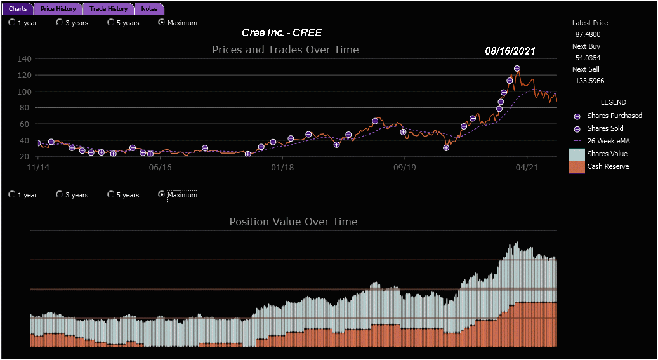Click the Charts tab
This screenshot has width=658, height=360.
[x=18, y=9]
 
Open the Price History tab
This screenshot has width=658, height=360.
[x=58, y=9]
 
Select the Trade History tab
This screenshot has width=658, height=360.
[x=109, y=9]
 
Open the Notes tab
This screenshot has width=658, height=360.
[x=149, y=9]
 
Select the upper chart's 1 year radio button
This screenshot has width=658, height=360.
[x=12, y=23]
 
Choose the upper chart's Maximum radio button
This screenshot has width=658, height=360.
[x=162, y=23]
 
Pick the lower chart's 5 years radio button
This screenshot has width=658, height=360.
[x=111, y=195]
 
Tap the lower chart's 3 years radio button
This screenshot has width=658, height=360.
[x=60, y=195]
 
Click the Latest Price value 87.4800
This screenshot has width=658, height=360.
[x=588, y=35]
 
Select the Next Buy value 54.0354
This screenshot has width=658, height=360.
[x=588, y=58]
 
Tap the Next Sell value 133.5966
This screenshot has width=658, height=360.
[x=589, y=81]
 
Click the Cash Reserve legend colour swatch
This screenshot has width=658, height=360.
[x=577, y=167]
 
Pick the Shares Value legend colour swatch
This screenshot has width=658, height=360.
[x=577, y=154]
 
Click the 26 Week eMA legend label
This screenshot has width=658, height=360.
[x=609, y=141]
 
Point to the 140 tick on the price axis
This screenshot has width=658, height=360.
[x=24, y=59]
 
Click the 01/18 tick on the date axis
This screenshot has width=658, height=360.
[x=282, y=168]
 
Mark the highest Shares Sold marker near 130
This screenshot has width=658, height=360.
[x=517, y=69]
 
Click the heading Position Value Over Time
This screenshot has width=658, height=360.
[x=293, y=222]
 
